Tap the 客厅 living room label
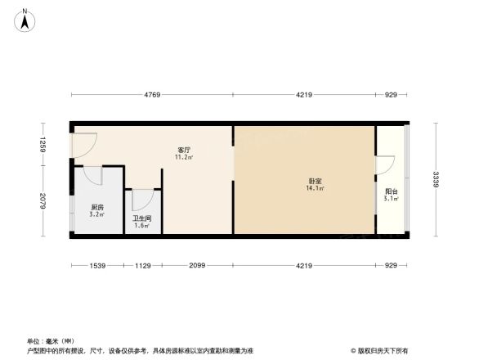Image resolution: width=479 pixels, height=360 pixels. [x=185, y=150]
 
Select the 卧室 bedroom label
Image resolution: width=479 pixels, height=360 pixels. [x=315, y=182]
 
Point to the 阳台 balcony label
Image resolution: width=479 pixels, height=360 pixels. [x=391, y=191]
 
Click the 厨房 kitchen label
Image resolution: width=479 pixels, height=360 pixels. [x=97, y=207]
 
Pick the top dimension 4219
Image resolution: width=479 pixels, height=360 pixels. [x=304, y=96]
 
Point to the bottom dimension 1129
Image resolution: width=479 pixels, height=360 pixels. [x=144, y=265]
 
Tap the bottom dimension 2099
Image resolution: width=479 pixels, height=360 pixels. [x=198, y=265]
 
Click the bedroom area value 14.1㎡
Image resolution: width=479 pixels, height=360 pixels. [x=315, y=190]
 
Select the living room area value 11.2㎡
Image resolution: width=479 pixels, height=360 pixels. [x=185, y=158]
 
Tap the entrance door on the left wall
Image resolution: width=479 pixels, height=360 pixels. [x=83, y=144]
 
